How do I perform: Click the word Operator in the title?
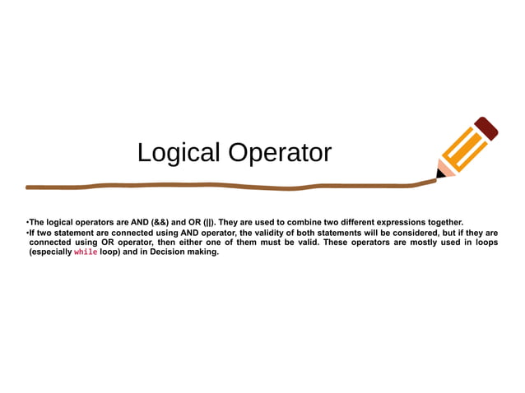pos(280,153)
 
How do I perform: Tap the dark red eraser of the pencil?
pos(486,127)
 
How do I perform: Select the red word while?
pos(86,252)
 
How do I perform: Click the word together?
pos(446,223)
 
